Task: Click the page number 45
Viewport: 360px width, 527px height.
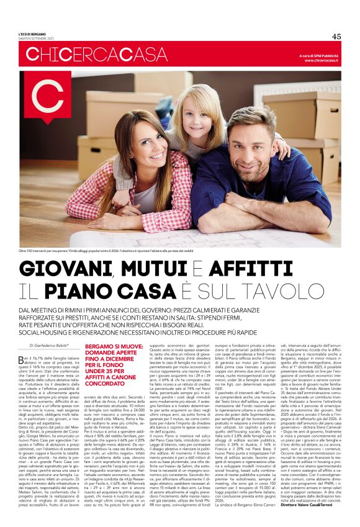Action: click(x=336, y=36)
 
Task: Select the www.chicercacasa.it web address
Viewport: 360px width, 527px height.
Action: click(x=321, y=61)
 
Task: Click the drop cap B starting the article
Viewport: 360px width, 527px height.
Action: click(x=22, y=359)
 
